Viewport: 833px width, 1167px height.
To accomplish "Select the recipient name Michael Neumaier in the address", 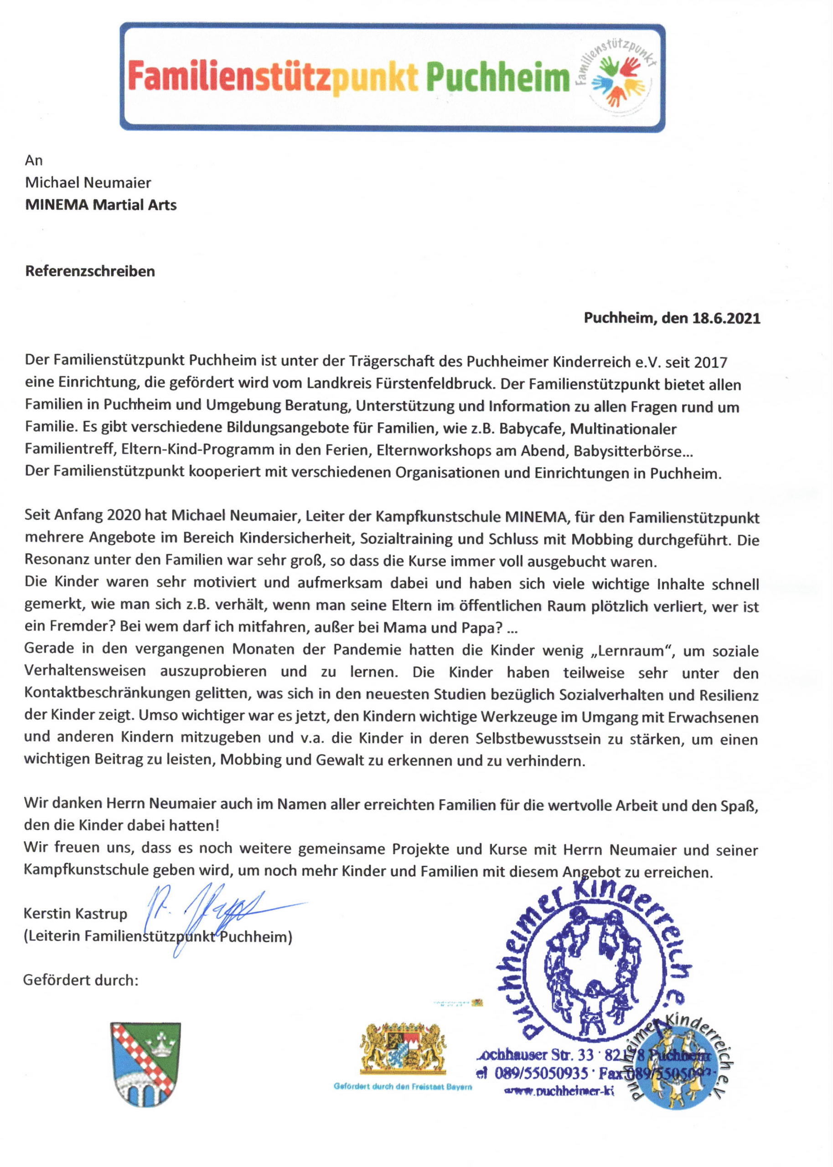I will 88,182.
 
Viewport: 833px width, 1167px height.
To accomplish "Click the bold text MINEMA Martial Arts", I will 101,205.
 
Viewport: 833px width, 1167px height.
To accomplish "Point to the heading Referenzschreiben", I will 90,271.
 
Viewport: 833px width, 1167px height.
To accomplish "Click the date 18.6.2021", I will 726,318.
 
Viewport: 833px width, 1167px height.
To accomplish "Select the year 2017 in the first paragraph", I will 710,362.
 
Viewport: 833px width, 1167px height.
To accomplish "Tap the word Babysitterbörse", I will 627,451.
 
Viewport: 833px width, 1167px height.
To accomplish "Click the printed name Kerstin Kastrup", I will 75,914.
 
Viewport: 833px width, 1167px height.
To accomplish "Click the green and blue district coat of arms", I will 146,1064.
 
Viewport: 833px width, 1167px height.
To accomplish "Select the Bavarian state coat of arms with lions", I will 403,1049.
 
